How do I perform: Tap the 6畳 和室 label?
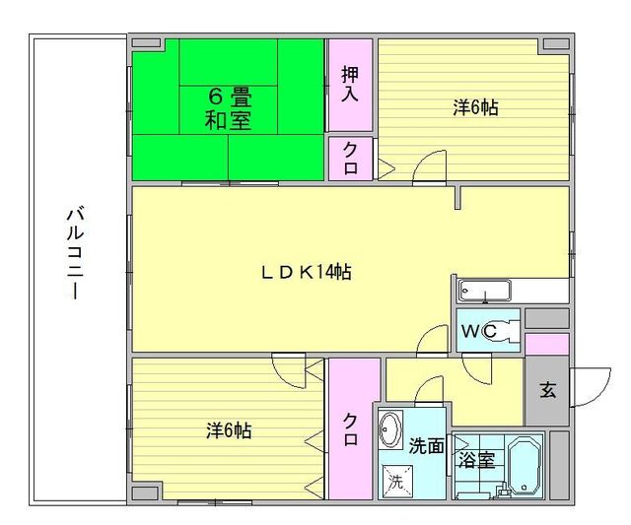[228, 109]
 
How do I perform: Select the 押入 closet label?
[350, 84]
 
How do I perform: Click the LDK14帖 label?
[306, 273]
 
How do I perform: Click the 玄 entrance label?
[546, 388]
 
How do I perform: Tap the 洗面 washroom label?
[426, 446]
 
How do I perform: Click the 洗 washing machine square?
[394, 482]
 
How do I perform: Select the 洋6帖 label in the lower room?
[229, 430]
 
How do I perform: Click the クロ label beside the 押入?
[350, 158]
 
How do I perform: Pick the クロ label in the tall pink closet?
[351, 430]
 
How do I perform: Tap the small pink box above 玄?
[546, 344]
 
